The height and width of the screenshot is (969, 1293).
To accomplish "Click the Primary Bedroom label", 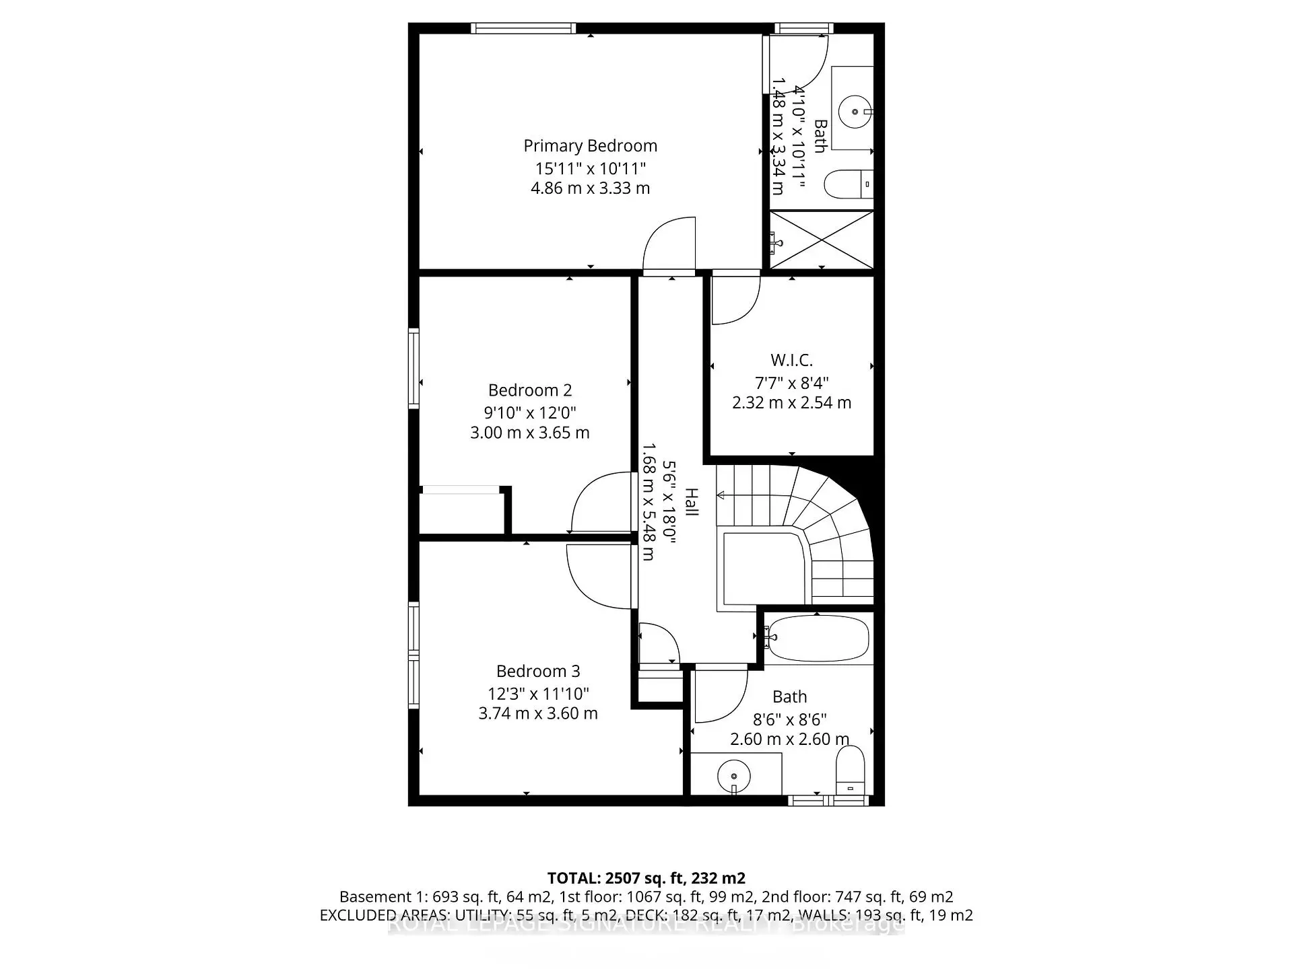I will [x=590, y=146].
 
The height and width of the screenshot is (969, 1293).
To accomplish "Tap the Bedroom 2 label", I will [x=530, y=390].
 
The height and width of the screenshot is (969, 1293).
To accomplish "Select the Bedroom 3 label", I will [x=537, y=671].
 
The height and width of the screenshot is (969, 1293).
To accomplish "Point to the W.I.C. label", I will [x=791, y=360].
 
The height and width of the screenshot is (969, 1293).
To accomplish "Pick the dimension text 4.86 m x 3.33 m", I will [x=590, y=188].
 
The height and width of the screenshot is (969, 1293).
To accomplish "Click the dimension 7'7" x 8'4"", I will [x=791, y=383].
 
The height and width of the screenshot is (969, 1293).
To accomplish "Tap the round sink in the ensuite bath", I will [x=855, y=112].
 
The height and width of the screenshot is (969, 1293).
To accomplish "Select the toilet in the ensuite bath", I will [x=848, y=184].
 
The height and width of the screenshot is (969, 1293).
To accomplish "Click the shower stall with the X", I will [x=822, y=240].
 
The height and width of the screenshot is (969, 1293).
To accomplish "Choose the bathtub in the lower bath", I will [x=818, y=637].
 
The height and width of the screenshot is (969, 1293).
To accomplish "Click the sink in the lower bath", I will [x=733, y=775].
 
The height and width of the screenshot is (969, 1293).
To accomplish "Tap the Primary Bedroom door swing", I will [x=669, y=246].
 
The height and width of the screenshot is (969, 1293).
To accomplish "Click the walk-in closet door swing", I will [x=735, y=299].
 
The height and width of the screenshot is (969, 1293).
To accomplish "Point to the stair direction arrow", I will [x=722, y=495].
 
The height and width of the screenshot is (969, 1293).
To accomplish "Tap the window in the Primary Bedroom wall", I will [x=523, y=28].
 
